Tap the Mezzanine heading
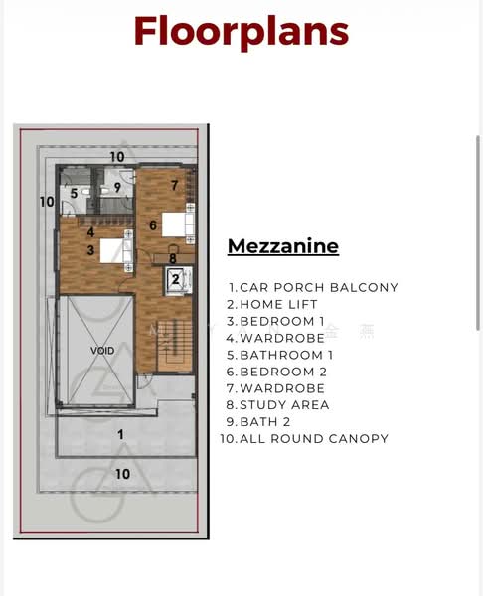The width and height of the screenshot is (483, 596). tap(283, 246)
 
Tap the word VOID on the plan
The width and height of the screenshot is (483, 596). tap(102, 350)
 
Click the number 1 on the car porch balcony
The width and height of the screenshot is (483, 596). tap(120, 434)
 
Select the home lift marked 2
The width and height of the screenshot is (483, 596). tap(177, 280)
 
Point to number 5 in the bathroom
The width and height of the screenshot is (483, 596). tap(74, 193)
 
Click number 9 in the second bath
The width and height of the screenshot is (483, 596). tap(117, 187)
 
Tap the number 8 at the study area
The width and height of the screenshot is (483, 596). tap(173, 258)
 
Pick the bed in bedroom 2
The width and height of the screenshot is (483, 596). tap(178, 224)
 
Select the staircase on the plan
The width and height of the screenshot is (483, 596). tap(175, 345)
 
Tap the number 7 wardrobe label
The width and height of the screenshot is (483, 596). tap(175, 185)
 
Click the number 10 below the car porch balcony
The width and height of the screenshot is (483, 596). tap(122, 474)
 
